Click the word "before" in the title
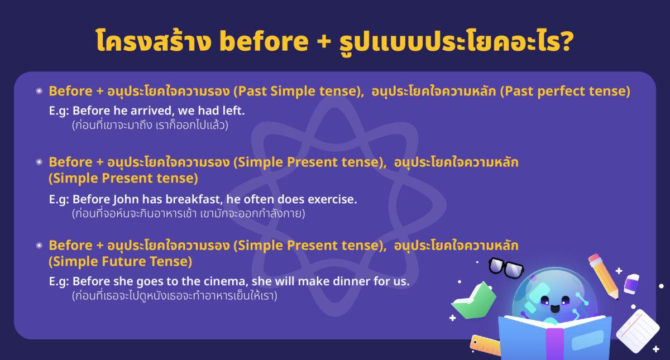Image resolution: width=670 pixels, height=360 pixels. point(266,43)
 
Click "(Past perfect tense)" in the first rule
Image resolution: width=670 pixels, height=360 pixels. point(565,91)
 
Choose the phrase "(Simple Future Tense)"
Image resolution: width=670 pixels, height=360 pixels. point(120,261)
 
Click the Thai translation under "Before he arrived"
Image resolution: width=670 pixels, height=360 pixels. point(151,126)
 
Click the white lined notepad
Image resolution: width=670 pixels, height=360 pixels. point(638,330)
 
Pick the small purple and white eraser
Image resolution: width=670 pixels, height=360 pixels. point(631,284)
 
